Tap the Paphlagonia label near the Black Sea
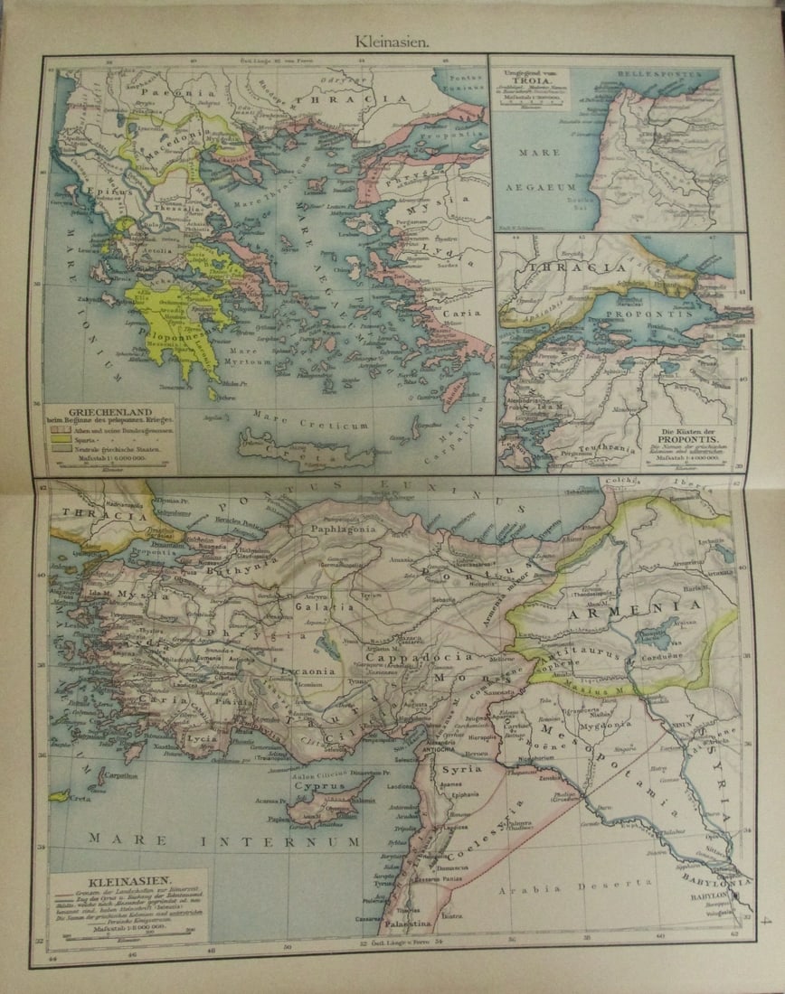click(x=341, y=530)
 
